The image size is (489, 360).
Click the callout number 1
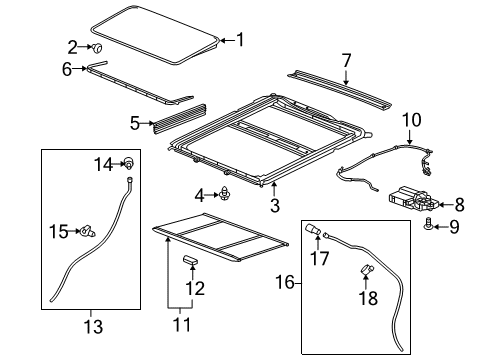click(x=239, y=40)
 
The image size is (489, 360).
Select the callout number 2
click(x=72, y=46)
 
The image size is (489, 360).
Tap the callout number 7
click(x=346, y=61)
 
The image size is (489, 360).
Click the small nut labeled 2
click(x=100, y=47)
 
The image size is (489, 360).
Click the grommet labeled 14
click(x=130, y=163)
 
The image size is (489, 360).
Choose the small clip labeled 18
click(x=366, y=267)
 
